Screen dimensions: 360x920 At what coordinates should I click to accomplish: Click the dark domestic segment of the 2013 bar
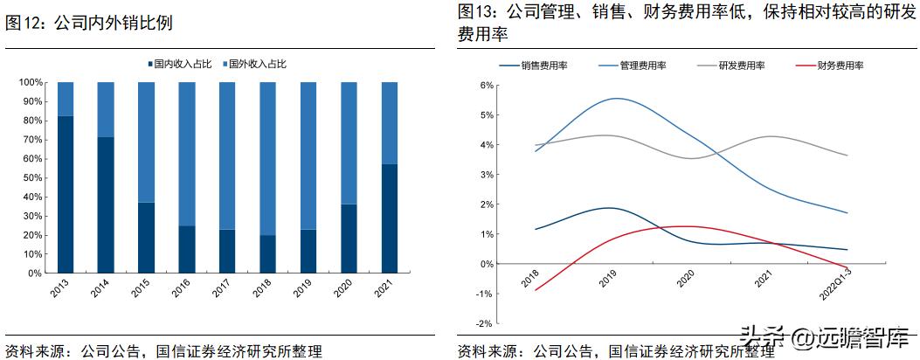coord(66,194)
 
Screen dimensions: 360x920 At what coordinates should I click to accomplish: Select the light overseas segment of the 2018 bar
coord(267,158)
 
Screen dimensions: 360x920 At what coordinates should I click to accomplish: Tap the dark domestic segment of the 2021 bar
coord(389,218)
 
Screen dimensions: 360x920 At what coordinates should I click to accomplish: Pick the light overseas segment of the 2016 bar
coord(187,154)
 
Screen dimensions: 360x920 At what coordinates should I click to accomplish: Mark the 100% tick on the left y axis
coord(30,82)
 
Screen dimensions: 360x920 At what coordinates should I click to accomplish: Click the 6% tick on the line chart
coord(488,85)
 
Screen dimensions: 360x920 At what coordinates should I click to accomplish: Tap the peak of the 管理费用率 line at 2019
coord(617,99)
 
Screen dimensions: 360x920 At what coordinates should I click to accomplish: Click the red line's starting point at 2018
coord(535,289)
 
